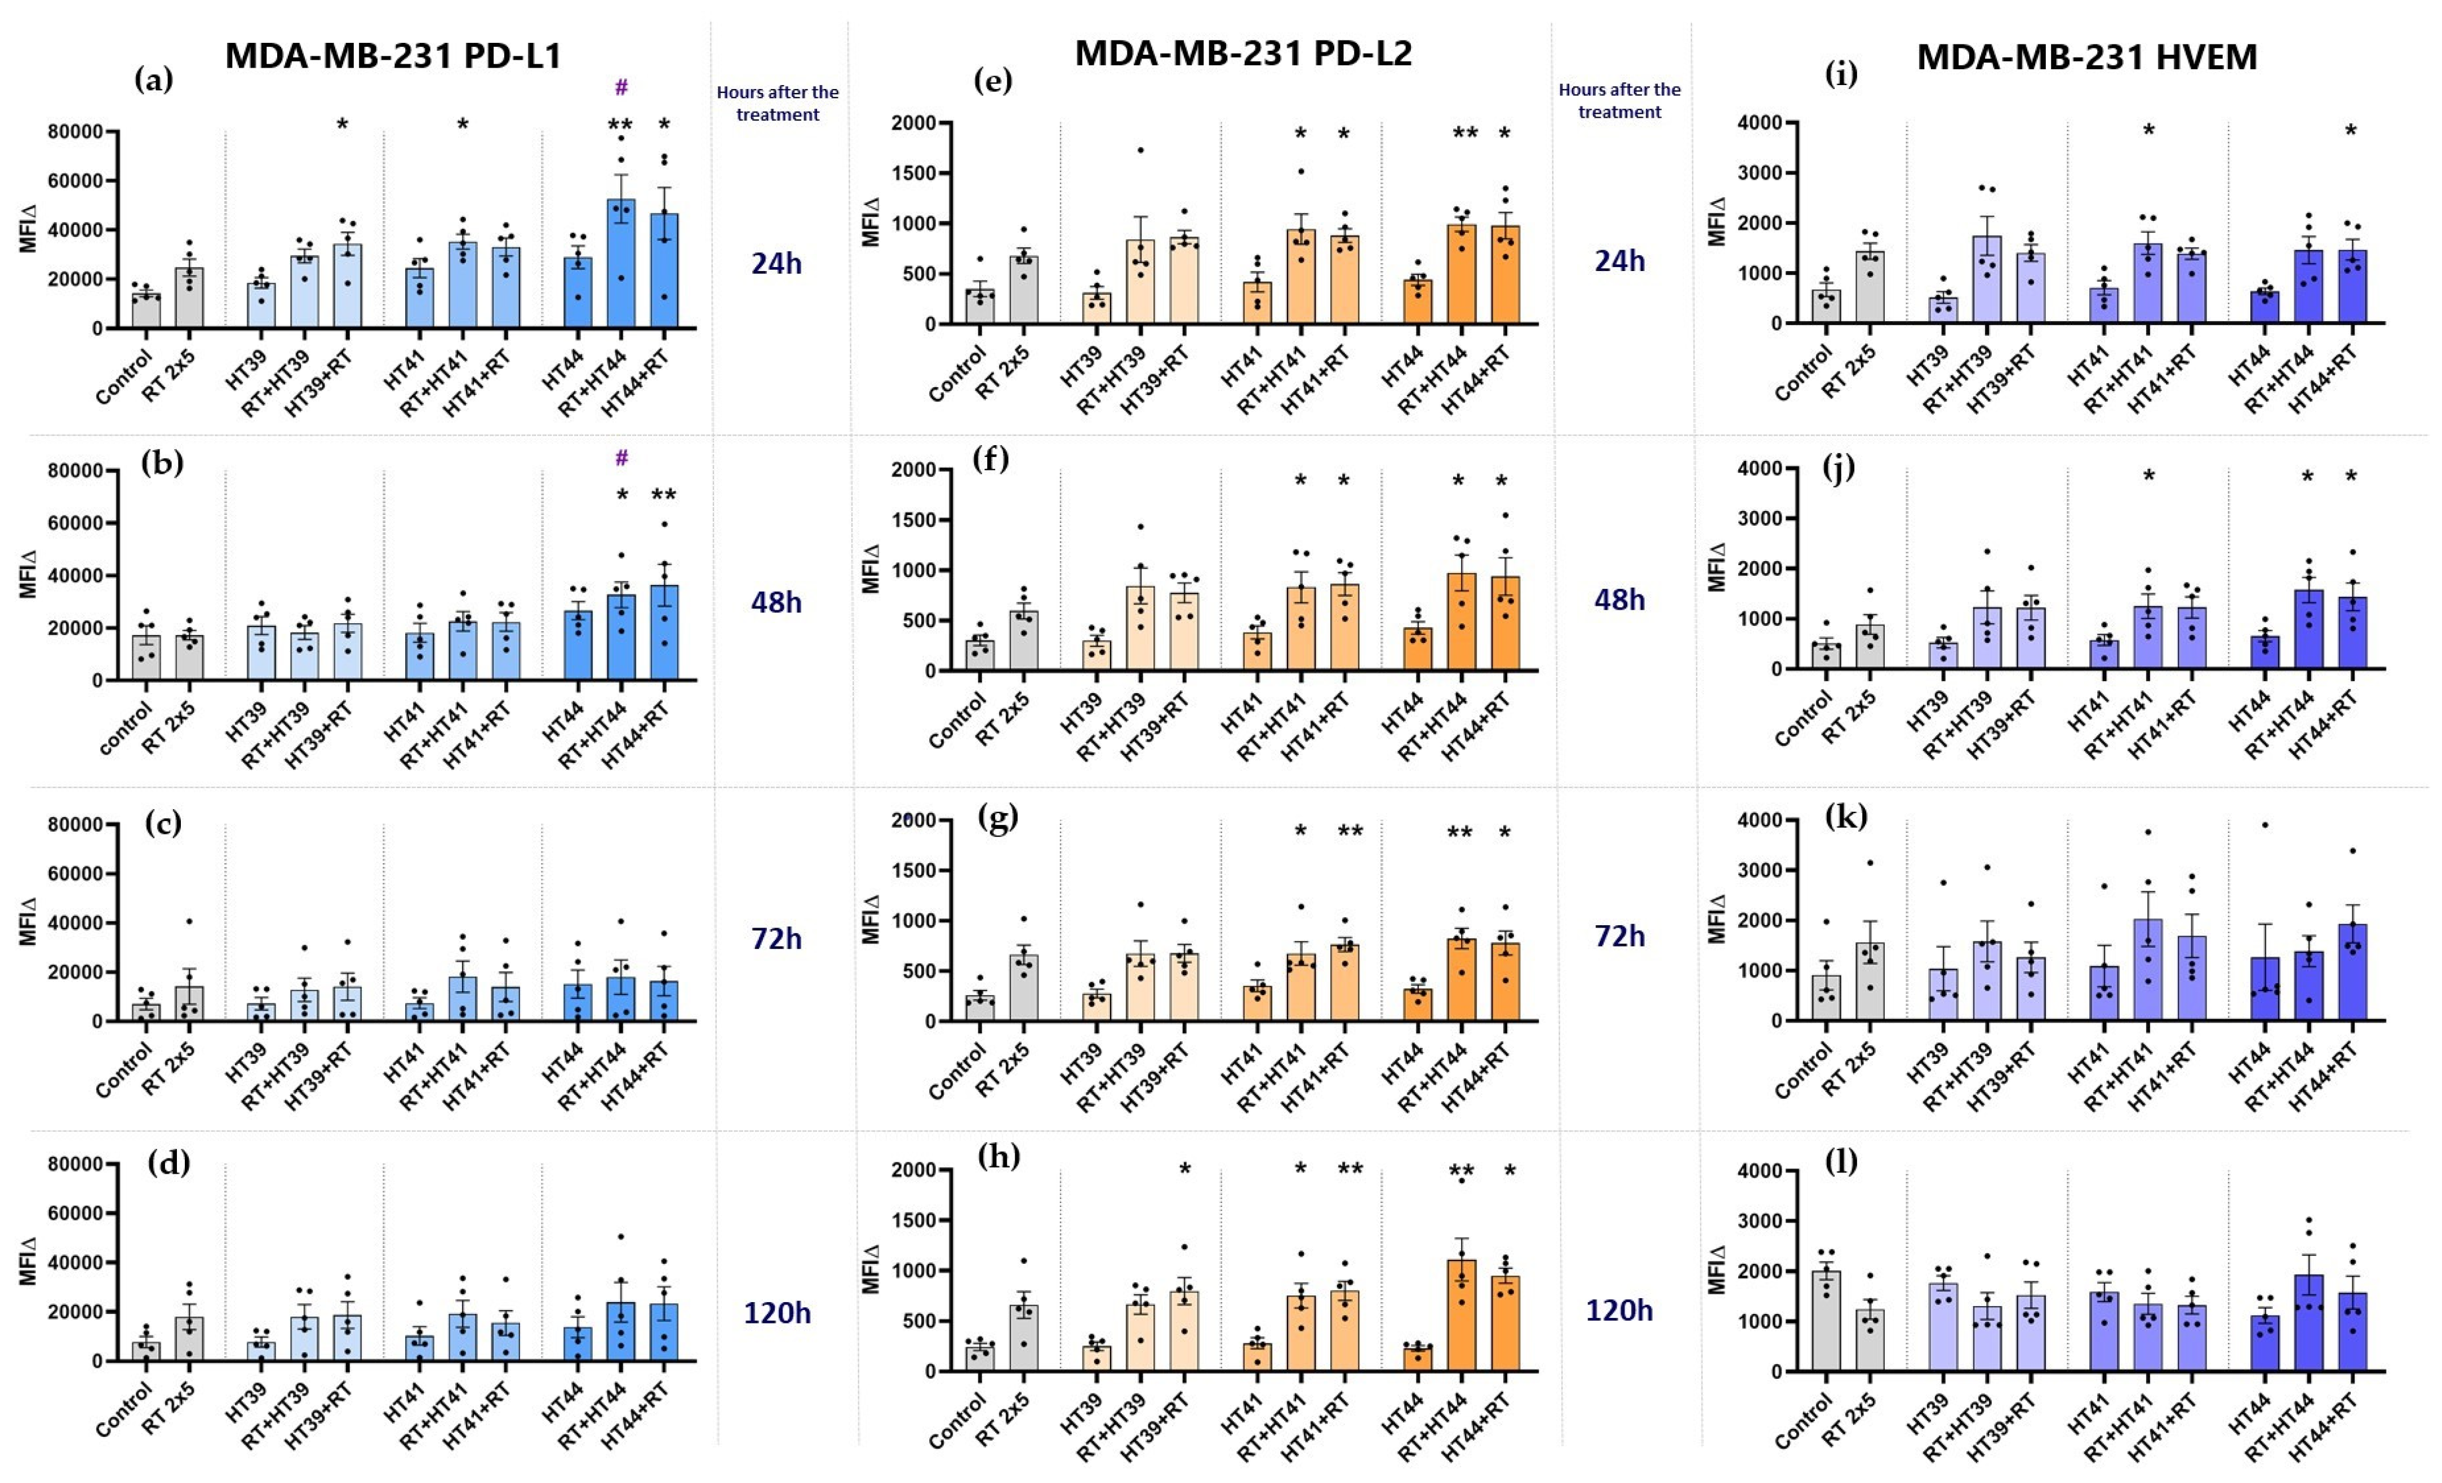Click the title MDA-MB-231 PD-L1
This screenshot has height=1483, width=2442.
click(x=393, y=56)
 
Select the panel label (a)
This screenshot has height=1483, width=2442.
click(x=154, y=79)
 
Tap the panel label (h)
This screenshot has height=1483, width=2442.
click(x=998, y=1157)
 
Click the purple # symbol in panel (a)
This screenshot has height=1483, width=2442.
click(x=621, y=87)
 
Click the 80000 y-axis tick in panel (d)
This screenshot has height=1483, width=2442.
click(x=76, y=1165)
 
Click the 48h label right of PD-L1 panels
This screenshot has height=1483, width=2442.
click(x=776, y=602)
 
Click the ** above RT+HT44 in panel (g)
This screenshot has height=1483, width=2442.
click(x=1459, y=833)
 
